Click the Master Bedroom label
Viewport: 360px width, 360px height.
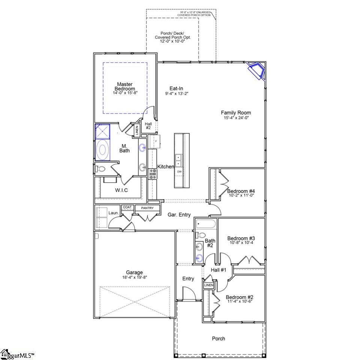125,86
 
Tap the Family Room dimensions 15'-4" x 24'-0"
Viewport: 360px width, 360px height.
236,118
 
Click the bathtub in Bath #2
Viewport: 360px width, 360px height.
205,225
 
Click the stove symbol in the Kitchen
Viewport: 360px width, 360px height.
153,173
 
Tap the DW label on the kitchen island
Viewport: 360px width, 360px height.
180,172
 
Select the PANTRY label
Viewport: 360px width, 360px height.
148,208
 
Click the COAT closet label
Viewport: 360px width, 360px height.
127,207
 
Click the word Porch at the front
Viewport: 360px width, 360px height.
219,339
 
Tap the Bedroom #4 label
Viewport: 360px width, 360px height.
242,190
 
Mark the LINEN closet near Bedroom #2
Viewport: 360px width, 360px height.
208,285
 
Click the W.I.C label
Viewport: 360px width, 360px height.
121,190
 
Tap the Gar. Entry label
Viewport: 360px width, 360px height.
179,215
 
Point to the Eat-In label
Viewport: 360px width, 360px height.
176,88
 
